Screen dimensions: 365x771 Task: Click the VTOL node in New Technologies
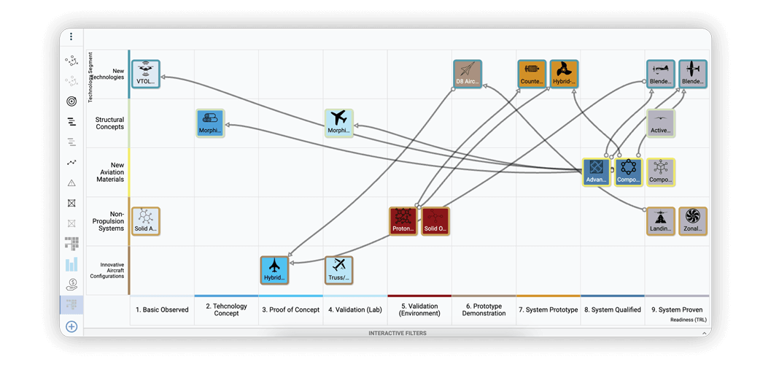pyautogui.click(x=145, y=74)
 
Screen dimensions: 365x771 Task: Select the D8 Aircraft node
pyautogui.click(x=467, y=74)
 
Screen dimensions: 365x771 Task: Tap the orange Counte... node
pyautogui.click(x=532, y=74)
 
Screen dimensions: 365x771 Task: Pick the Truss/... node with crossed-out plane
pyautogui.click(x=338, y=269)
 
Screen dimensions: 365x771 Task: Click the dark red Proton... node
pyautogui.click(x=403, y=221)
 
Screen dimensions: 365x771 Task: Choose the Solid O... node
pyautogui.click(x=435, y=221)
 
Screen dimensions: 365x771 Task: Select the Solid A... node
pyautogui.click(x=145, y=221)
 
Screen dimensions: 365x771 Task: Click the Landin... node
pyautogui.click(x=660, y=221)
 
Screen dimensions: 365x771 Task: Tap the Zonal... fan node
pyautogui.click(x=692, y=221)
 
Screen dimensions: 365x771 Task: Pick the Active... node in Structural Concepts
pyautogui.click(x=660, y=123)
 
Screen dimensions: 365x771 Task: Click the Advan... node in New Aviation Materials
pyautogui.click(x=596, y=172)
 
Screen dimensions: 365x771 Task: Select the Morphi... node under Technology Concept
pyautogui.click(x=210, y=123)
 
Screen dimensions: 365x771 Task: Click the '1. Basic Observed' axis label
pyautogui.click(x=162, y=310)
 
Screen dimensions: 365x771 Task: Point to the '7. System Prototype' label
pyautogui.click(x=548, y=310)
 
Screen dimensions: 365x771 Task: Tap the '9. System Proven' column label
pyautogui.click(x=676, y=310)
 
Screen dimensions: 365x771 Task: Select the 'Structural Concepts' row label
pyautogui.click(x=109, y=123)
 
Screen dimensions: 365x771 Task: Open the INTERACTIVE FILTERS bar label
pyautogui.click(x=398, y=333)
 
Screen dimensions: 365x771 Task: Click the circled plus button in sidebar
pyautogui.click(x=71, y=326)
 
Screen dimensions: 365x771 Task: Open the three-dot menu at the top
pyautogui.click(x=71, y=36)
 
